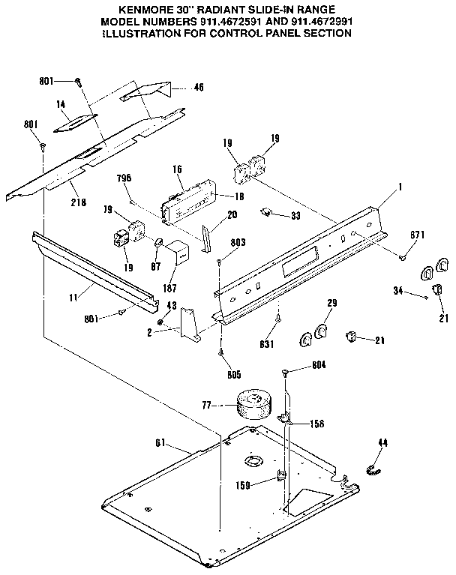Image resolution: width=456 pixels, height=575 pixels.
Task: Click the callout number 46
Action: coord(198,88)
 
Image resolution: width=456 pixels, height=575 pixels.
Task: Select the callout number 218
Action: coord(78,202)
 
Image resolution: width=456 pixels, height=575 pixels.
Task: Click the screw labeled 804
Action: coord(287,373)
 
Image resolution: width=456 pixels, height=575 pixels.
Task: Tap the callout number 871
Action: coord(418,235)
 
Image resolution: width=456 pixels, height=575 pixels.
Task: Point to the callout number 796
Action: coord(124,178)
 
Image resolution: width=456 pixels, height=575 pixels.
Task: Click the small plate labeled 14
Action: coord(79,120)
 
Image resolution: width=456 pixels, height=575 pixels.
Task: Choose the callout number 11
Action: coord(73,297)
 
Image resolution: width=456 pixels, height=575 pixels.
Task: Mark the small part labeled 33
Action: coord(267,212)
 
